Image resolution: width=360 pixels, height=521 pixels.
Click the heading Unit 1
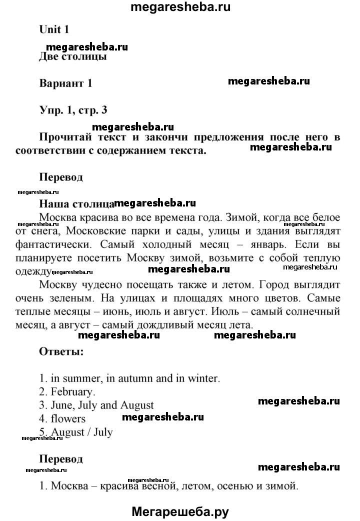pyautogui.click(x=54, y=29)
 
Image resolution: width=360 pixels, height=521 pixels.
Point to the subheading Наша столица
pyautogui.click(x=76, y=204)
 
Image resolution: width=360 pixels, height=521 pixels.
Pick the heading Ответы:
pyautogui.click(x=61, y=351)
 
